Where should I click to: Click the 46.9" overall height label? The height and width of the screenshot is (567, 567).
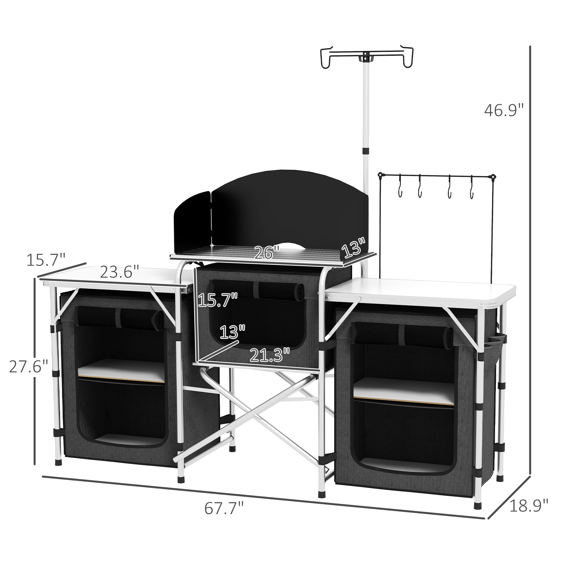pyautogui.click(x=504, y=111)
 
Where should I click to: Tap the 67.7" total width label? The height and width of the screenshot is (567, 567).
pyautogui.click(x=224, y=508)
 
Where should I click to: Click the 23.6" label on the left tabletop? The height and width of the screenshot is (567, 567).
pyautogui.click(x=119, y=272)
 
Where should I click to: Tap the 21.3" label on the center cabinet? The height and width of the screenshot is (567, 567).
pyautogui.click(x=270, y=356)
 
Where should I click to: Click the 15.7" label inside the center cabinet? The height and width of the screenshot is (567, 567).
pyautogui.click(x=217, y=300)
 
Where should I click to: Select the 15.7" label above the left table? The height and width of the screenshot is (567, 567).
pyautogui.click(x=46, y=260)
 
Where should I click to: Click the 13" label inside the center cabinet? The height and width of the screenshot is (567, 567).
pyautogui.click(x=232, y=332)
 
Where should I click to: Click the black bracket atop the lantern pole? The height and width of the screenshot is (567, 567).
pyautogui.click(x=366, y=57)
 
